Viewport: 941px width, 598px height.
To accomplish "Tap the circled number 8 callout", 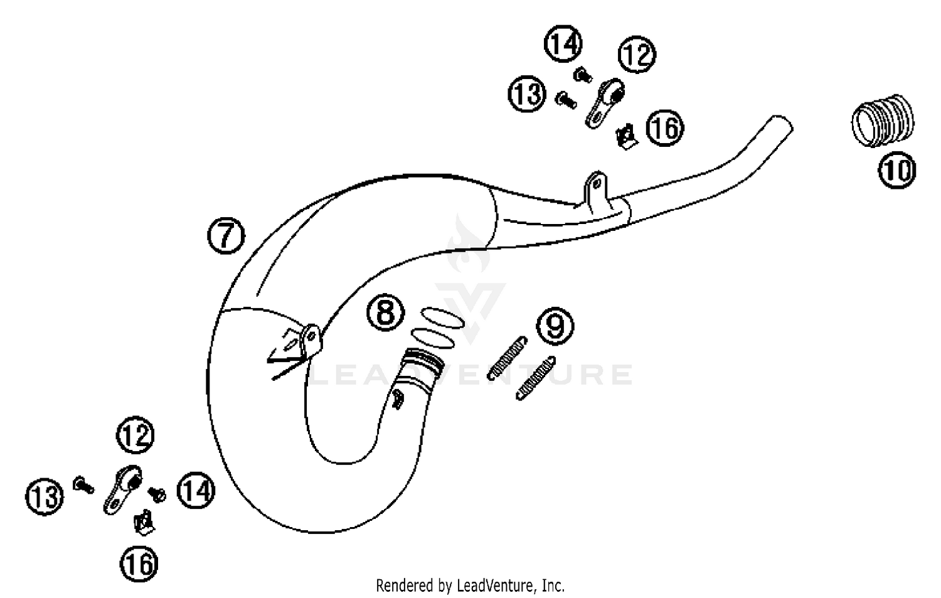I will point(385,312).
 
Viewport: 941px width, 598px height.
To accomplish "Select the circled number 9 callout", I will point(555,326).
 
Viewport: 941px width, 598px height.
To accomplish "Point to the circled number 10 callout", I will point(896,171).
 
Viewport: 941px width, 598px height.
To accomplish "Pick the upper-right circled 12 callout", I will point(637,55).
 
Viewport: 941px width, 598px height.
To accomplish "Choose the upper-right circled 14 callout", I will point(563,44).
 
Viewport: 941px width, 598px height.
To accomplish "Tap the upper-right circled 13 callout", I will point(526,94).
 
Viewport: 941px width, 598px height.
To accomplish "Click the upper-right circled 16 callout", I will point(665,128).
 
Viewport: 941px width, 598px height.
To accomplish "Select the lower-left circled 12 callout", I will point(135,435).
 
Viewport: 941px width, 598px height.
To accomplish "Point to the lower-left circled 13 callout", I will point(45,497).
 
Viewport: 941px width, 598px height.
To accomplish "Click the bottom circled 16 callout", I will point(139,563).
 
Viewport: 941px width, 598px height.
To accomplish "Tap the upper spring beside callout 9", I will point(508,358).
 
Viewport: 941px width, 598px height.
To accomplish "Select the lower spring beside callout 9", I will point(535,378).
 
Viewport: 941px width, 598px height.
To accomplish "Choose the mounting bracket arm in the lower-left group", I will point(122,489).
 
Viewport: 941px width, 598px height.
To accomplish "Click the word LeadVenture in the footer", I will point(494,585).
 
